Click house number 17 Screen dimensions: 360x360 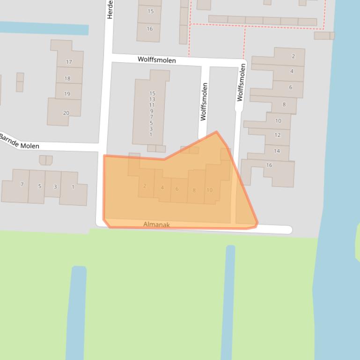point(69,62)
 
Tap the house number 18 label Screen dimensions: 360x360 point(67,79)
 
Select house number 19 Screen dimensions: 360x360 point(67,94)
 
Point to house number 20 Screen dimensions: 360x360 point(66,113)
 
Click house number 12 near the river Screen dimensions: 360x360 point(278,135)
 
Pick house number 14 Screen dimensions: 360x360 point(277,151)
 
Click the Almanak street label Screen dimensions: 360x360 point(156,225)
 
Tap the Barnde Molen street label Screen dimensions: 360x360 point(19,142)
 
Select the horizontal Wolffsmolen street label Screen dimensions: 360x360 point(157,60)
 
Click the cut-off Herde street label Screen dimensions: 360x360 point(110,10)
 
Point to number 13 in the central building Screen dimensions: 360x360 point(152,99)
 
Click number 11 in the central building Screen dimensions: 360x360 point(152,105)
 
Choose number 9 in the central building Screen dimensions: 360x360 point(152,111)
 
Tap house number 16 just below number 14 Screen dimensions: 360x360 point(269,165)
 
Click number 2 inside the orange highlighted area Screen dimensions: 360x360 point(145,186)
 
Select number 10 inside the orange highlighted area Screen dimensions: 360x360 point(209,190)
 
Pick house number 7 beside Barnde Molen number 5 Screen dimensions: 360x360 point(22,185)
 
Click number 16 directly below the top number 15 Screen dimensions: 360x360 point(150,29)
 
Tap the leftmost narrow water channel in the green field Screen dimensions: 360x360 point(76,313)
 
